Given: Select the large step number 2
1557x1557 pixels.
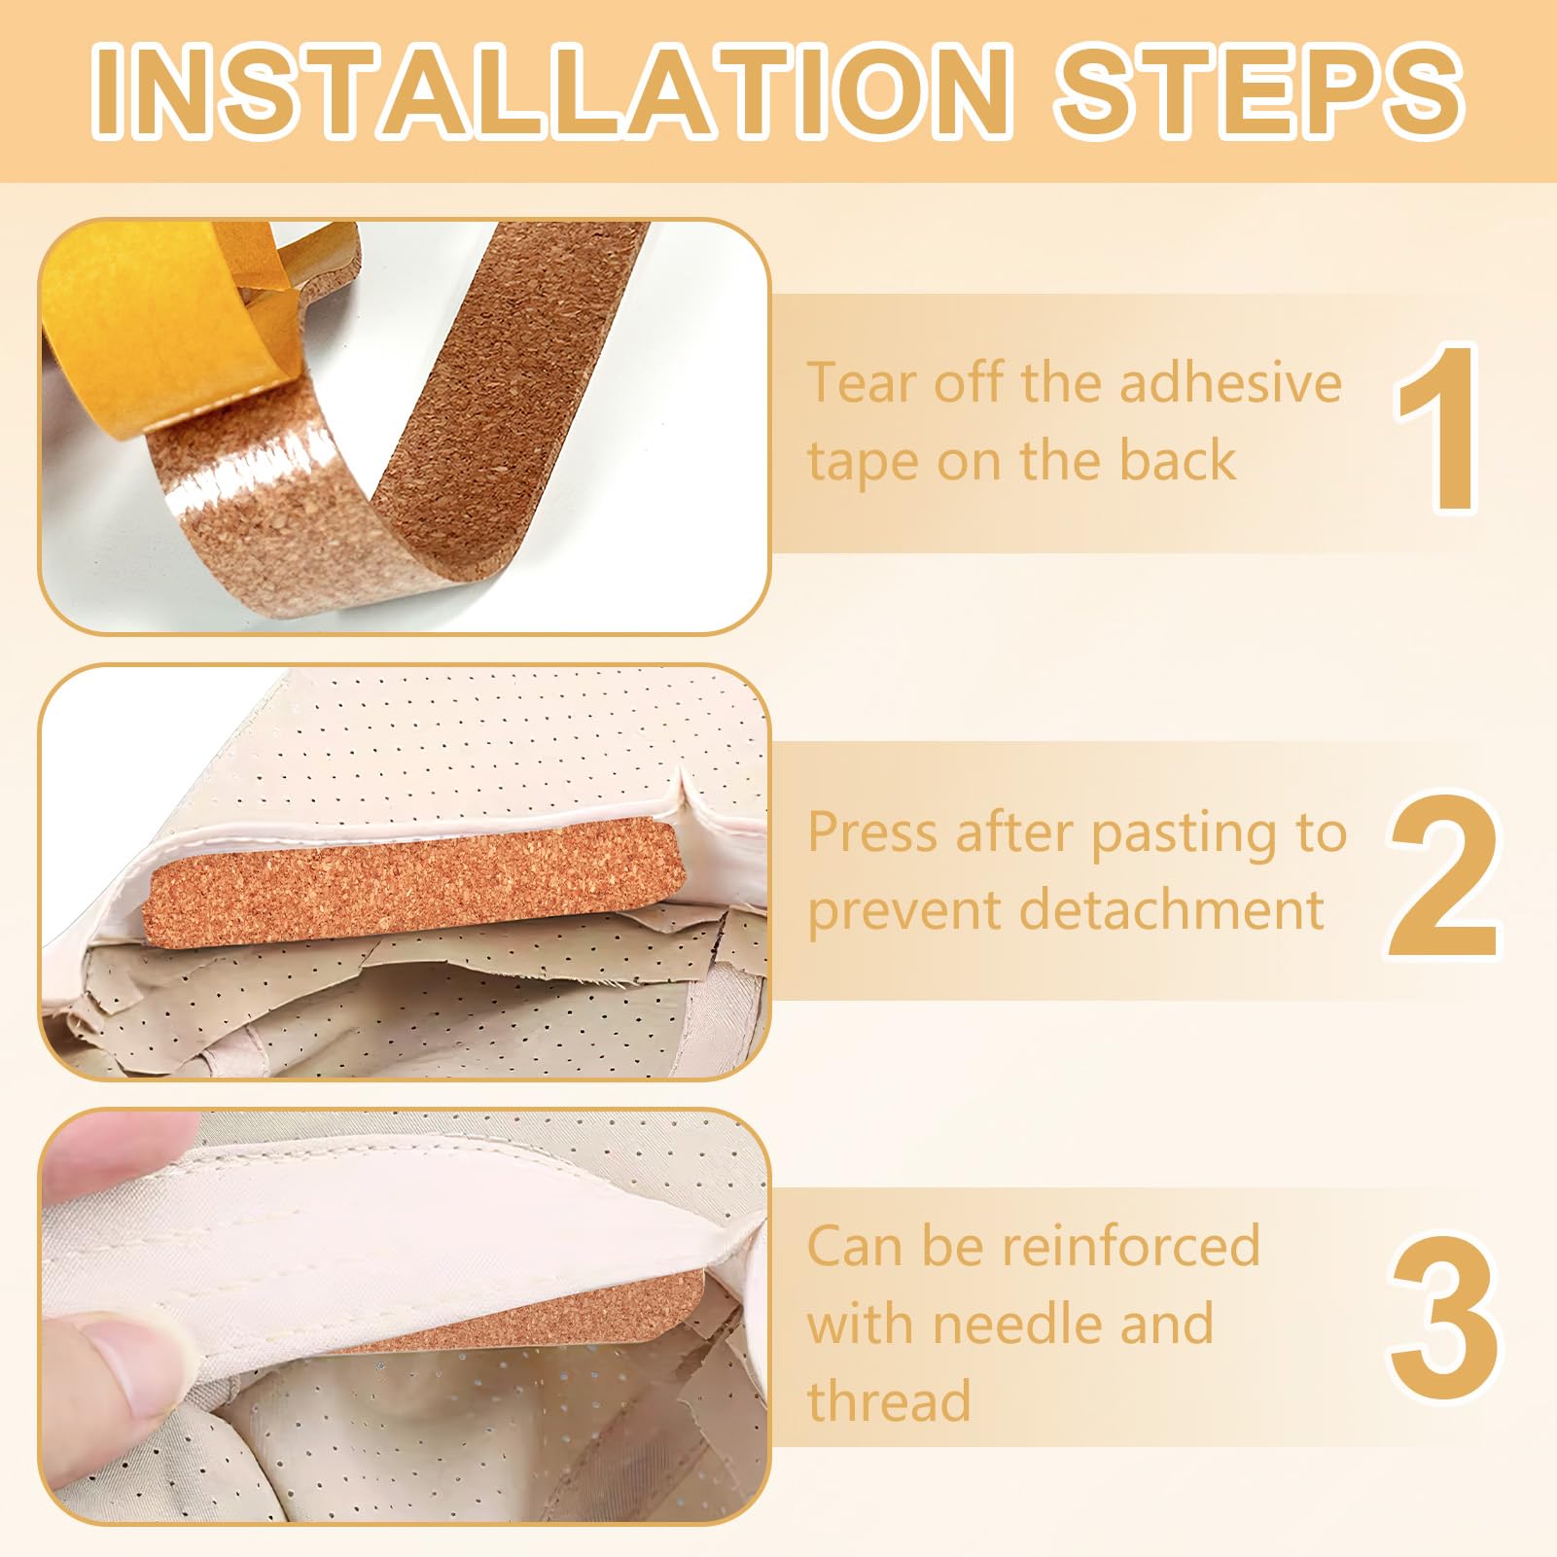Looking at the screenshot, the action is tap(1443, 875).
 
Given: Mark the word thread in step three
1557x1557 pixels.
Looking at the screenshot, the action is tap(889, 1401).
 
